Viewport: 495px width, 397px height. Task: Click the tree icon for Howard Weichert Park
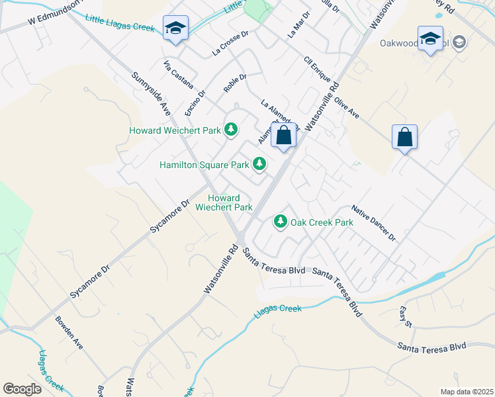pos(231,130)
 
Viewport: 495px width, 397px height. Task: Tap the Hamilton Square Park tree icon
pos(259,163)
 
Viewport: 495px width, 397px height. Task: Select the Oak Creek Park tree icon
pos(281,222)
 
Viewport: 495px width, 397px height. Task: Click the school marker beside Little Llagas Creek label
pos(175,28)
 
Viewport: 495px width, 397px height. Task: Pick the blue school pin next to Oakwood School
pos(429,38)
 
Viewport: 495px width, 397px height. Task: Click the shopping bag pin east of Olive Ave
pos(404,138)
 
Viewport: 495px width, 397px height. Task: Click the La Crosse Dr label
pos(230,42)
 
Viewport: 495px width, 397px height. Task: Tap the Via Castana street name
pos(179,74)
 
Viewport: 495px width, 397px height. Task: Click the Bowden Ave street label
pos(69,334)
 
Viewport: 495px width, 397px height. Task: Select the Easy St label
pos(406,317)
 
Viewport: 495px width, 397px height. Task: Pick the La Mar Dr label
pos(298,24)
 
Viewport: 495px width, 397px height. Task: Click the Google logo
pos(22,389)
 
